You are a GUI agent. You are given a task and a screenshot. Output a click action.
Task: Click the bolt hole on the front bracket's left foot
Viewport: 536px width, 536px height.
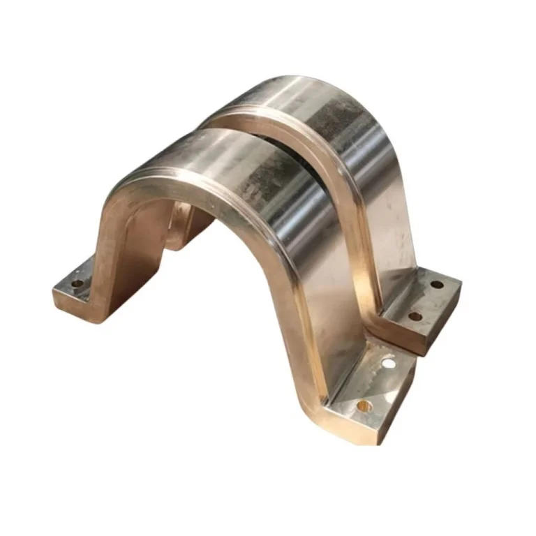coord(77,283)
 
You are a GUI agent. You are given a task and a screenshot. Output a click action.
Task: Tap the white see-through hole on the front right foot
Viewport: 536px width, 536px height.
coord(389,363)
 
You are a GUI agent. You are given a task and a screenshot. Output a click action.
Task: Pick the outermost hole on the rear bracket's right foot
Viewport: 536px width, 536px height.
coord(437,285)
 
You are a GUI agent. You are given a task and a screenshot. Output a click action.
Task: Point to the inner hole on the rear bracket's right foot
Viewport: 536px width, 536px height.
coord(415,315)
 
